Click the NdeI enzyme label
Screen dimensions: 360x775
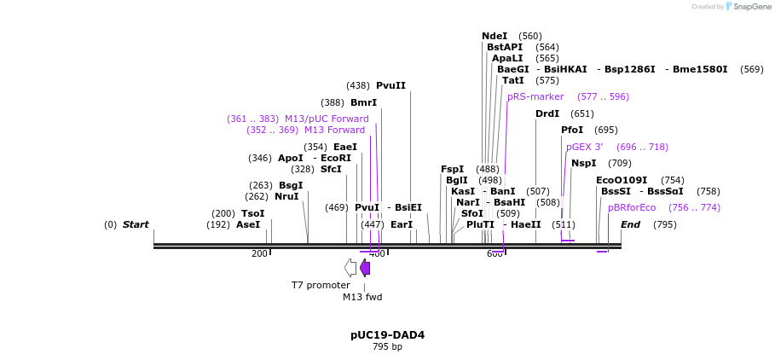494,37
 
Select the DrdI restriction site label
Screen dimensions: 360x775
547,113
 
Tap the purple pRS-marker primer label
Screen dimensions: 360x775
535,97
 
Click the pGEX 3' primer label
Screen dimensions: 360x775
584,148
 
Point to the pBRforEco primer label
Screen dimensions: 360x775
632,207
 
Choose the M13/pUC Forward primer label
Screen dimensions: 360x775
327,119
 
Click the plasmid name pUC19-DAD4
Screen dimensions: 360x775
387,335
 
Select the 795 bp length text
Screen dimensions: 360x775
387,347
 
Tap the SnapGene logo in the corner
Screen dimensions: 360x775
748,7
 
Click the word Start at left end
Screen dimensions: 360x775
136,225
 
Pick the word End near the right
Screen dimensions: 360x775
630,225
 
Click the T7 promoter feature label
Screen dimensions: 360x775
321,286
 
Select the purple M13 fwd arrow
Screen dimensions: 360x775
365,268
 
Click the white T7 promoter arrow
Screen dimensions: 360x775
350,268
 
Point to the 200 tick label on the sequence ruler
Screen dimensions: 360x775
259,254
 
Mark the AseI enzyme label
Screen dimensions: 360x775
248,225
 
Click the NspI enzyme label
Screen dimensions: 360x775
584,164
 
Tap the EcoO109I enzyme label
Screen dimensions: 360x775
622,181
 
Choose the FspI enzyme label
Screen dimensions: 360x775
452,170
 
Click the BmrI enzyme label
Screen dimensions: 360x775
363,103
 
